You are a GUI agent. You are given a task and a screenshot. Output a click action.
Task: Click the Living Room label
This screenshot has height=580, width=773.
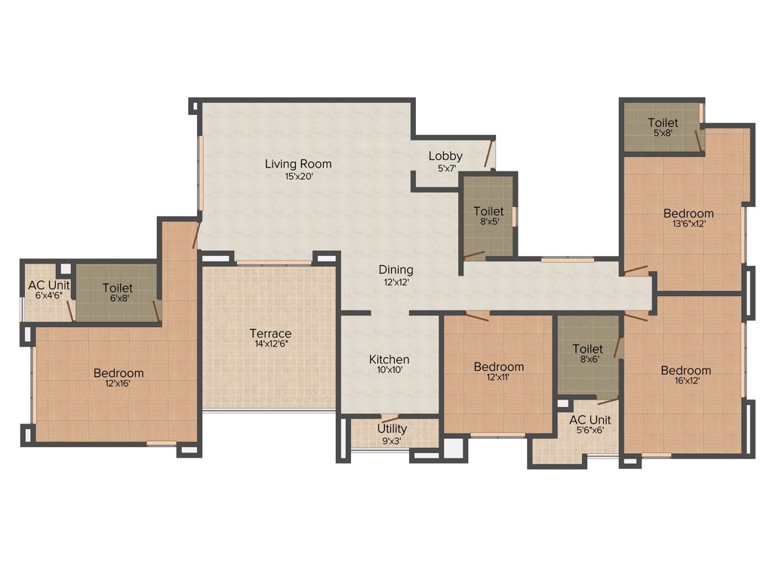point(297,164)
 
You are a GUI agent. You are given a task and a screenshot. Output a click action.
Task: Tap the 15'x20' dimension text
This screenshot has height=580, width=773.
point(298,177)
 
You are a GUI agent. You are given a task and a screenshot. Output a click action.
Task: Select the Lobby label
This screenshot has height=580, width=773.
point(445,156)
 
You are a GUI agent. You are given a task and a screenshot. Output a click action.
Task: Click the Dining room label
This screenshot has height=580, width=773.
point(396,270)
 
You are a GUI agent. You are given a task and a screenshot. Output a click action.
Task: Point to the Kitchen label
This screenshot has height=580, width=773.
point(389,359)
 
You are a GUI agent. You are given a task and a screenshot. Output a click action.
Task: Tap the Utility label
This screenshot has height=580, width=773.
point(392,429)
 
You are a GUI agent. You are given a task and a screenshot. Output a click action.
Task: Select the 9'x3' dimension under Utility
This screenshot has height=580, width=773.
point(392,440)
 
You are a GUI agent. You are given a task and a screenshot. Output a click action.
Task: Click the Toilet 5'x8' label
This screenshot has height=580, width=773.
point(662,122)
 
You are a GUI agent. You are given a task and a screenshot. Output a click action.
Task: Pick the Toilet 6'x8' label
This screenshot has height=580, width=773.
point(117,288)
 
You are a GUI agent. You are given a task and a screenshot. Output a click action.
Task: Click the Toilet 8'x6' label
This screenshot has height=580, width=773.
point(587,349)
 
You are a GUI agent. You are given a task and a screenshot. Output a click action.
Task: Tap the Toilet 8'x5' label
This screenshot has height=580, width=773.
point(488,211)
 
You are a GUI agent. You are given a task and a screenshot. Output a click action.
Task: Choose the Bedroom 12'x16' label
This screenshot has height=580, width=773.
point(119,373)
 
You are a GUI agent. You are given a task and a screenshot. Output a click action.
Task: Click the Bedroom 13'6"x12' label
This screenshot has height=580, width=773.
point(688,214)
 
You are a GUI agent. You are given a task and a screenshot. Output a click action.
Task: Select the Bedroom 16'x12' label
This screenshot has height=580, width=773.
point(685,370)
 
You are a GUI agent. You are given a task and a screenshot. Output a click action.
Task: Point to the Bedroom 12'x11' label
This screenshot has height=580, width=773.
point(498,367)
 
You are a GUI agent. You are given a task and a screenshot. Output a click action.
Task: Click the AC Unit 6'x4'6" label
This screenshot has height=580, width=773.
point(48,285)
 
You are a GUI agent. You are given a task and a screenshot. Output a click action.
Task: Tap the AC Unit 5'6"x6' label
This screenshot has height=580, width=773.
point(590,420)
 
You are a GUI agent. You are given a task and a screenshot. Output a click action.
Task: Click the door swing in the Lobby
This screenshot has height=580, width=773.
point(490,153)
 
